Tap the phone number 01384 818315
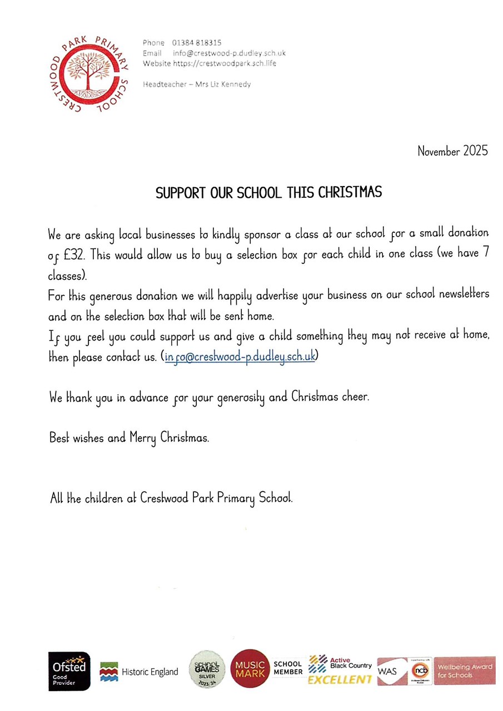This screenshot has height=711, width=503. pos(197,42)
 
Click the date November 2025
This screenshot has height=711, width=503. pos(452,151)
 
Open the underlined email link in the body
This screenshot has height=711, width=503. pos(240,357)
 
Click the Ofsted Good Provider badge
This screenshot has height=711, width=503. pos(69,671)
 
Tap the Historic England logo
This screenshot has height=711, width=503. pos(139,672)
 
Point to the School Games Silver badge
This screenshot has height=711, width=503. pos(207,669)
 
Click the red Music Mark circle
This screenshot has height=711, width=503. pos(250,669)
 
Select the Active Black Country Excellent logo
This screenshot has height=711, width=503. pos(340,670)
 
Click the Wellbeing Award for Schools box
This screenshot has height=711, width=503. pos(464,670)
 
